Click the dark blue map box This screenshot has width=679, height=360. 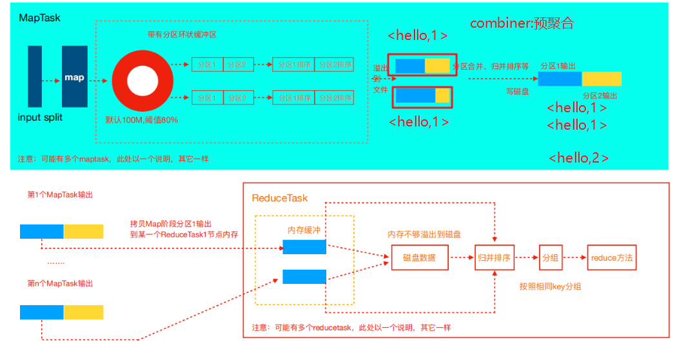pos(74,77)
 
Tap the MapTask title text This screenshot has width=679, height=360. pos(40,18)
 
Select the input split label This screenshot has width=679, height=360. pos(41,118)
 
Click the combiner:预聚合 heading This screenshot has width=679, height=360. pos(522,23)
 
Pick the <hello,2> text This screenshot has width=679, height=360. pos(578,157)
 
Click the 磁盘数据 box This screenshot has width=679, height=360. pos(419,257)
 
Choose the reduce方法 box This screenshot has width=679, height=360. pos(611,257)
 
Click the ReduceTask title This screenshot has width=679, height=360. pos(280,198)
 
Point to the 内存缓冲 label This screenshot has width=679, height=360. pos(304,230)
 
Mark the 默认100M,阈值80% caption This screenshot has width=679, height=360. pos(142,120)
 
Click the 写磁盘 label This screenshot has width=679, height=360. pos(517,92)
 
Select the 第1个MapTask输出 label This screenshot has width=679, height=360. pos(60,194)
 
